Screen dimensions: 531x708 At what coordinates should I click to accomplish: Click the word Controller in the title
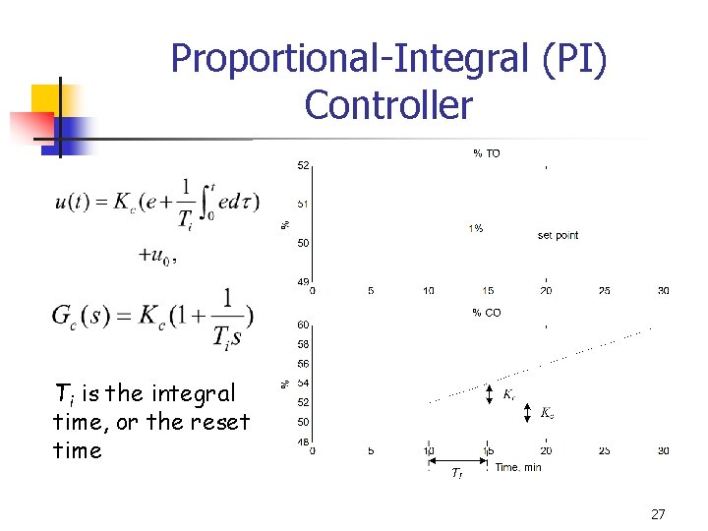pos(388,104)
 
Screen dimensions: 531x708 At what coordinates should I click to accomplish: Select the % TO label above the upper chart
pos(486,153)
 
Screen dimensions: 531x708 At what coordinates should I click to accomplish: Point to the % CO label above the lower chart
pos(486,313)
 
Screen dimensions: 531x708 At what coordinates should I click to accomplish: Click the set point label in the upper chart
pos(558,235)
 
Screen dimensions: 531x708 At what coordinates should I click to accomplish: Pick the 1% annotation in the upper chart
pos(475,228)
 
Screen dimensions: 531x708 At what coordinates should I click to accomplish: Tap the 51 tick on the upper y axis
pos(303,204)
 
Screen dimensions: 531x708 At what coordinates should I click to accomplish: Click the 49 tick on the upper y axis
pos(303,282)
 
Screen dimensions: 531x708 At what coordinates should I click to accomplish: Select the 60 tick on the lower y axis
pos(303,324)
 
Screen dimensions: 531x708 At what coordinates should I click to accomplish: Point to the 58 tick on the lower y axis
pos(303,344)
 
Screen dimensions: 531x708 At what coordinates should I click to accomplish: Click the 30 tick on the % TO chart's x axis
pos(665,291)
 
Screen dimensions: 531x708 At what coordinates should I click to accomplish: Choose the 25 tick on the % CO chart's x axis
pos(605,451)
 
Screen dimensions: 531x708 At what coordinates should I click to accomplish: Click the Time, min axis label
pos(518,467)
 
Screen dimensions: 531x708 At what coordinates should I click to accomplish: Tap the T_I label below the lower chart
pos(456,475)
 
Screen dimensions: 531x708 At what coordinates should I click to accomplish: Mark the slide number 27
pos(658,514)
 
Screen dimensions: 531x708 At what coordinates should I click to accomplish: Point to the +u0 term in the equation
pos(157,255)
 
